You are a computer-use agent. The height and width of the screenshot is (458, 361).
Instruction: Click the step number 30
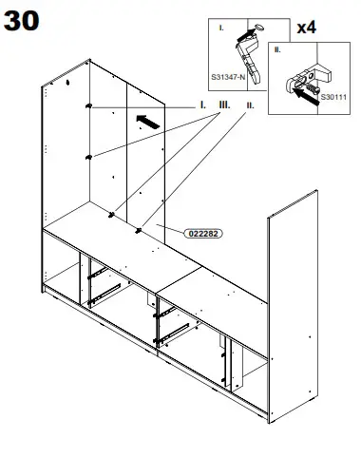tap(23, 22)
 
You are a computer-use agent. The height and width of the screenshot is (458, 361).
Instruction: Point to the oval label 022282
tap(199, 230)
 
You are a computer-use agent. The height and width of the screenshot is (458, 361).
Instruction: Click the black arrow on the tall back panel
tap(144, 119)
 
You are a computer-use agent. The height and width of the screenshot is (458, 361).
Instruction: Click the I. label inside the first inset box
tap(221, 29)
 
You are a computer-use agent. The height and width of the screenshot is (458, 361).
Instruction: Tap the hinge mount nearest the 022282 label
tap(139, 230)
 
